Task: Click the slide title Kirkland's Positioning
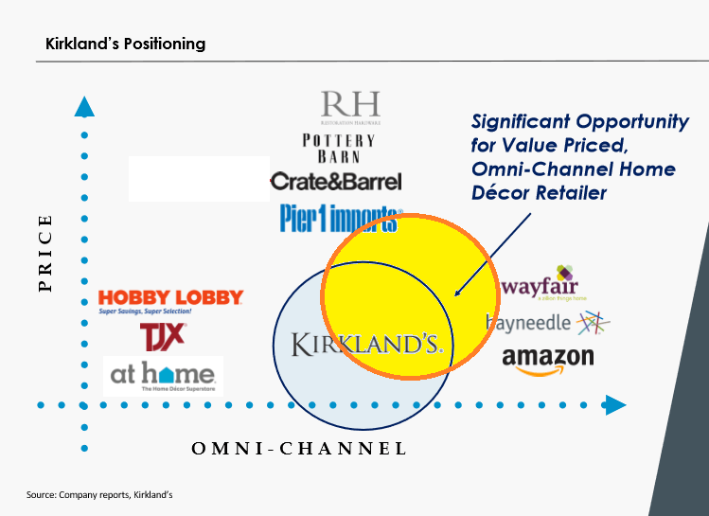click(125, 44)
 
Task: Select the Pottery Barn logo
click(338, 149)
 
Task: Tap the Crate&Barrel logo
click(336, 181)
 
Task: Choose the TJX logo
click(163, 335)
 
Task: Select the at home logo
click(163, 376)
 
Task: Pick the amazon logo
click(547, 360)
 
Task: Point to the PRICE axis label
click(46, 253)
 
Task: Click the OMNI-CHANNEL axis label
click(299, 449)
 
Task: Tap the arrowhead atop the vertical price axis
click(84, 106)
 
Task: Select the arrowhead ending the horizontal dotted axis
click(615, 405)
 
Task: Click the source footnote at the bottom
click(99, 494)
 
